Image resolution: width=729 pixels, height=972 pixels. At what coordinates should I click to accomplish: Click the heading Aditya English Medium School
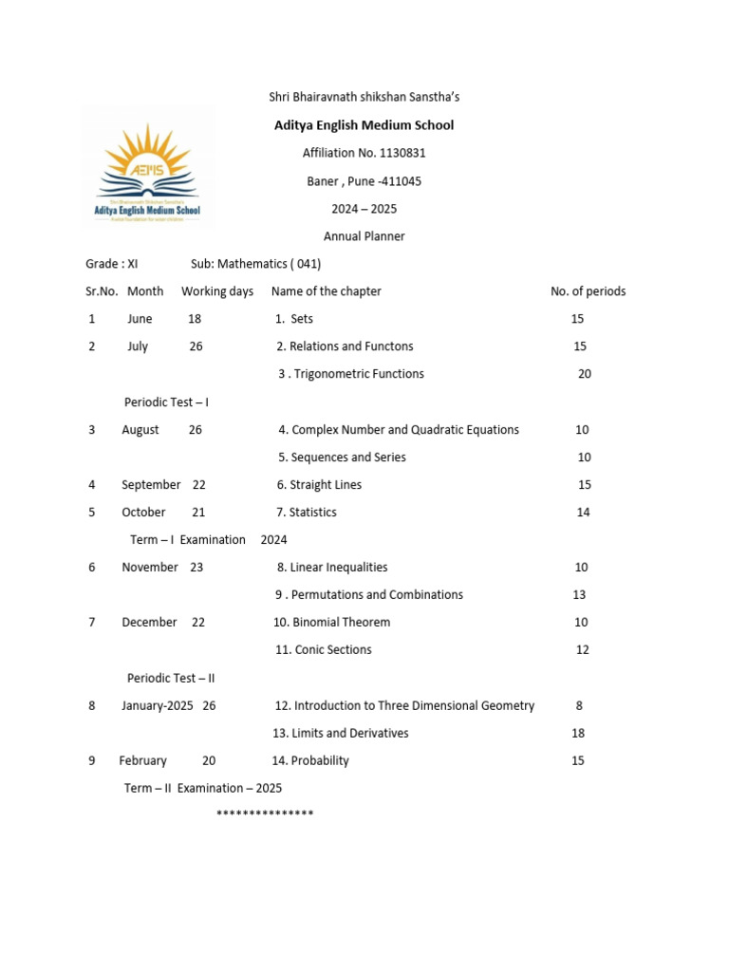364,125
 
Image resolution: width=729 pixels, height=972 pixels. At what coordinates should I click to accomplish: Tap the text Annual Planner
364,236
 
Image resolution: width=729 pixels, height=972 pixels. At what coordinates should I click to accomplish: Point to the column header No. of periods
588,291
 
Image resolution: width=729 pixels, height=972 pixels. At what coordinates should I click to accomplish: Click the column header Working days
217,291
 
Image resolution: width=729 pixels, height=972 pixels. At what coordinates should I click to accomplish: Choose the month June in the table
140,319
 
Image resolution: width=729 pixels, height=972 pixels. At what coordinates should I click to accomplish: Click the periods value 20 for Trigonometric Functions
585,374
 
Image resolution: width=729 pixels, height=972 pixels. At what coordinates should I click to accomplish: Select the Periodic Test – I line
166,402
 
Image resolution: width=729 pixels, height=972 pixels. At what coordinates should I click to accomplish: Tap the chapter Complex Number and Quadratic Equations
399,430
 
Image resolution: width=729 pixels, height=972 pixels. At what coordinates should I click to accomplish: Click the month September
151,485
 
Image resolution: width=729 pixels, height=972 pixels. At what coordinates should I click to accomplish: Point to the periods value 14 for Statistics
584,513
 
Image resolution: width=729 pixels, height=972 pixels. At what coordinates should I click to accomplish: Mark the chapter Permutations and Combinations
369,595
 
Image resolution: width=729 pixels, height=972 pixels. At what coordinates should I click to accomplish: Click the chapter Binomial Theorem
331,623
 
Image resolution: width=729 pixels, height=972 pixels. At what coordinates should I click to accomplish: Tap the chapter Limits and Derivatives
341,733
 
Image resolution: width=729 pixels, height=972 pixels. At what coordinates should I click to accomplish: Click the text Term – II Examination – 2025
203,788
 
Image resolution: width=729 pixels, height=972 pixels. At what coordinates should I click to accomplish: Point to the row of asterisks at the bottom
265,814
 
